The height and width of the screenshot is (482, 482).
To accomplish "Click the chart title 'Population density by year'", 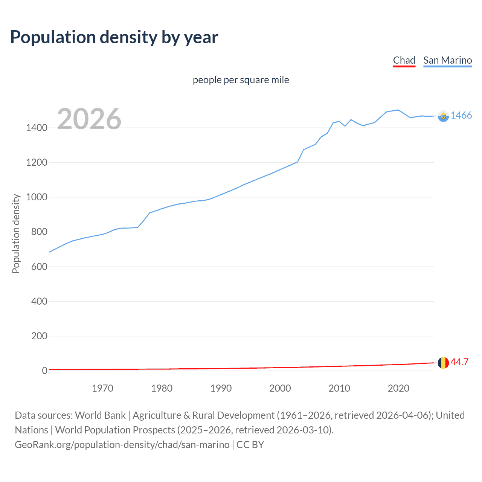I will pyautogui.click(x=114, y=37).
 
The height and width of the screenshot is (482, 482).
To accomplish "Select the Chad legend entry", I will pyautogui.click(x=404, y=60).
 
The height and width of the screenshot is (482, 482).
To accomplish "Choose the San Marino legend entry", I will pyautogui.click(x=447, y=60).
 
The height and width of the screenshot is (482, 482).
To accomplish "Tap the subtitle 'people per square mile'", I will pyautogui.click(x=241, y=80).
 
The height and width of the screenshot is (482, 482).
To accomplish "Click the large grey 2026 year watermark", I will pyautogui.click(x=89, y=119).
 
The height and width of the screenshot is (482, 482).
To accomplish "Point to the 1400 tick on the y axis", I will pyautogui.click(x=37, y=128).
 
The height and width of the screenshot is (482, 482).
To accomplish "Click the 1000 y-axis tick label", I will pyautogui.click(x=37, y=197).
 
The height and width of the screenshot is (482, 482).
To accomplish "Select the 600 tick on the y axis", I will pyautogui.click(x=39, y=267).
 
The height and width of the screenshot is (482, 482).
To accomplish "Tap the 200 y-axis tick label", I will pyautogui.click(x=39, y=336).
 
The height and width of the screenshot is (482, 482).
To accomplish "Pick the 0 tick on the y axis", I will pyautogui.click(x=44, y=371).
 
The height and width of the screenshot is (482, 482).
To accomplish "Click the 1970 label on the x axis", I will pyautogui.click(x=102, y=388).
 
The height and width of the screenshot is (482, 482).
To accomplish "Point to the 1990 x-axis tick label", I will pyautogui.click(x=221, y=388).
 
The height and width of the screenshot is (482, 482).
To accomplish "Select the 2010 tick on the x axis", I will pyautogui.click(x=339, y=388).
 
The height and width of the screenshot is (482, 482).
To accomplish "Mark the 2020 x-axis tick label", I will pyautogui.click(x=398, y=388).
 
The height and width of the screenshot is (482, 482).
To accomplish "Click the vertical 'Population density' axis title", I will pyautogui.click(x=16, y=233).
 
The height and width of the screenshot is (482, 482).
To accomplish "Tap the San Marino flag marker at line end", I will pyautogui.click(x=443, y=116).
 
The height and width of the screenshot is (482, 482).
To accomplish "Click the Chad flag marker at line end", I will pyautogui.click(x=443, y=363).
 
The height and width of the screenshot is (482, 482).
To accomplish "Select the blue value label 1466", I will pyautogui.click(x=461, y=116).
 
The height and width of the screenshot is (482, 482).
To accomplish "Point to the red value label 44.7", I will pyautogui.click(x=459, y=362).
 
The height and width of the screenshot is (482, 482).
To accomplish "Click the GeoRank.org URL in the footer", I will pyautogui.click(x=122, y=445).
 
